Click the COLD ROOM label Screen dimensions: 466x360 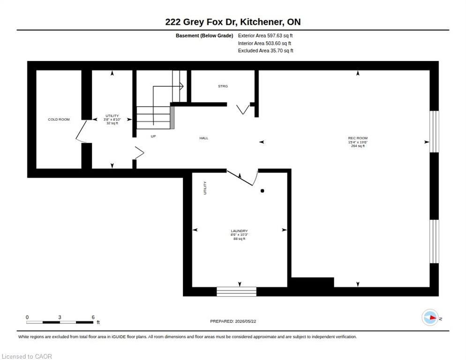59,120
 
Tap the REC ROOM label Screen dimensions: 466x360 358,138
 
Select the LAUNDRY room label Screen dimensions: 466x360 239,231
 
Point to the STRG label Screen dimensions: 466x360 223,86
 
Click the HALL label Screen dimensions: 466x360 204,138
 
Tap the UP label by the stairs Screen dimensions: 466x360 153,136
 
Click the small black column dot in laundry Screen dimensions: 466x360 263,191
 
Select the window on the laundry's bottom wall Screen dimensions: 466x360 237,292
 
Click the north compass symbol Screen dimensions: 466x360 430,318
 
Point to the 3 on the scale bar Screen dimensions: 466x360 60,317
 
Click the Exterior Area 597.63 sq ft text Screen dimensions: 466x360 265,36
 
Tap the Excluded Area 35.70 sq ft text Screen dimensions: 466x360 266,51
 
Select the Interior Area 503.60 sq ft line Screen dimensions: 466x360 264,44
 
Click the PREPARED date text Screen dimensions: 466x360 233,322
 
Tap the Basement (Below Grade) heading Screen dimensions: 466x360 204,36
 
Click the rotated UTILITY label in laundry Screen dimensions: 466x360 205,188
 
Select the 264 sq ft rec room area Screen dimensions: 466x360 358,146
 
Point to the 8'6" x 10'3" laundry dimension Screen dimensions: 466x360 239,234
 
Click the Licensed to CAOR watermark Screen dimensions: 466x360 27,356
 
